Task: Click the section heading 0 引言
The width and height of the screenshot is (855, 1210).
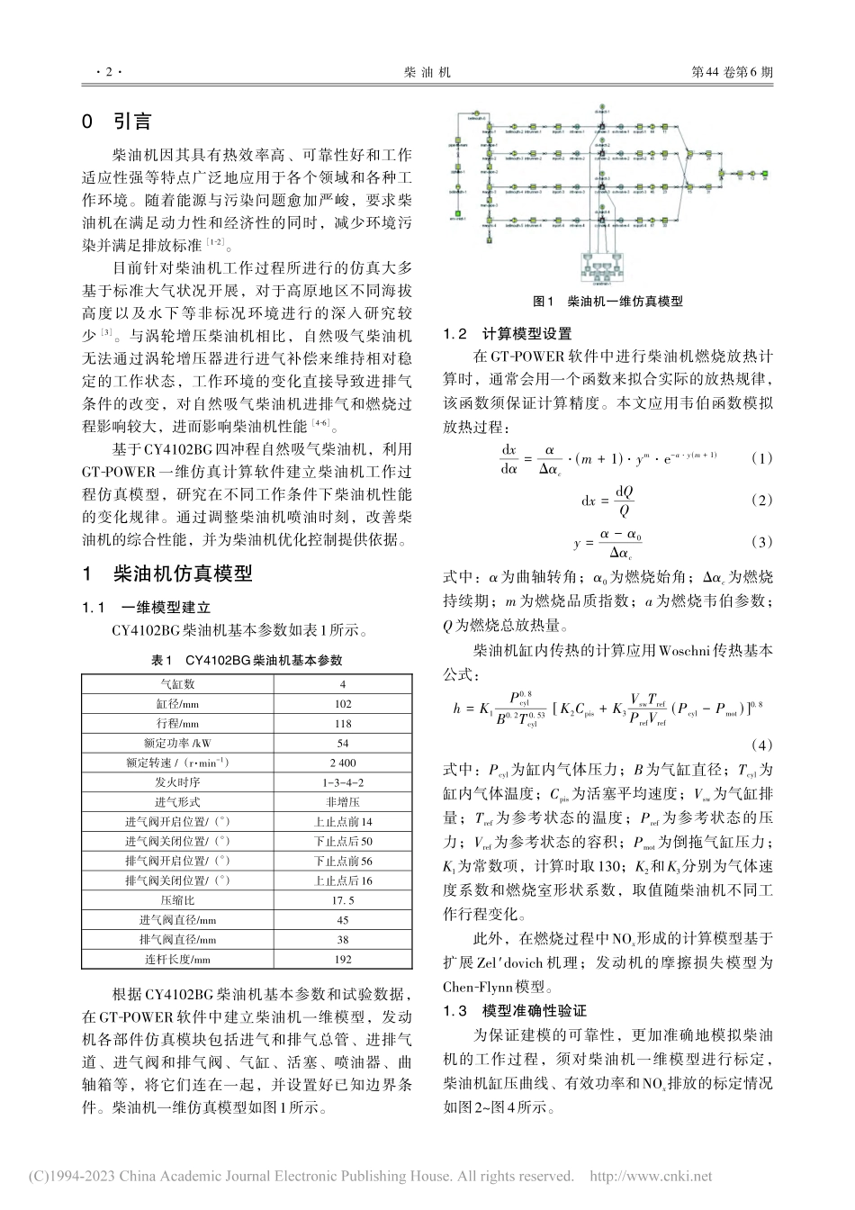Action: (x=117, y=122)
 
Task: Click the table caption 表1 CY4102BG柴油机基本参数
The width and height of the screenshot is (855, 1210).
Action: (x=247, y=660)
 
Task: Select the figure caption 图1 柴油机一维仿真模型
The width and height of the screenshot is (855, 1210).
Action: (x=607, y=302)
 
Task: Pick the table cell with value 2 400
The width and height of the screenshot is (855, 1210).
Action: (x=342, y=763)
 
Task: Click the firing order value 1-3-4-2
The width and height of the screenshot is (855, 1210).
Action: (x=342, y=782)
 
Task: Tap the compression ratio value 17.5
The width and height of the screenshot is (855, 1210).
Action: (x=342, y=899)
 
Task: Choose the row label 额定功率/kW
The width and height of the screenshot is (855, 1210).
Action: (x=176, y=743)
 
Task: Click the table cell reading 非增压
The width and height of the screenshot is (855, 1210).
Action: (x=342, y=802)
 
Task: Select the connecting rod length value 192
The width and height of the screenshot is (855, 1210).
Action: (x=342, y=959)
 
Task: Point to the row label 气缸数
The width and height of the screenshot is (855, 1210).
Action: (x=176, y=684)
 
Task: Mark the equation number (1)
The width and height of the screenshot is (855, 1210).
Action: (x=761, y=458)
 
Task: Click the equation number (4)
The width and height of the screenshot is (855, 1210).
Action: (x=761, y=745)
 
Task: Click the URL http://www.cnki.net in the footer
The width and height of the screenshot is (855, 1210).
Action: (x=650, y=1176)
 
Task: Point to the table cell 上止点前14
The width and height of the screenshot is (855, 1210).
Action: (x=342, y=821)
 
